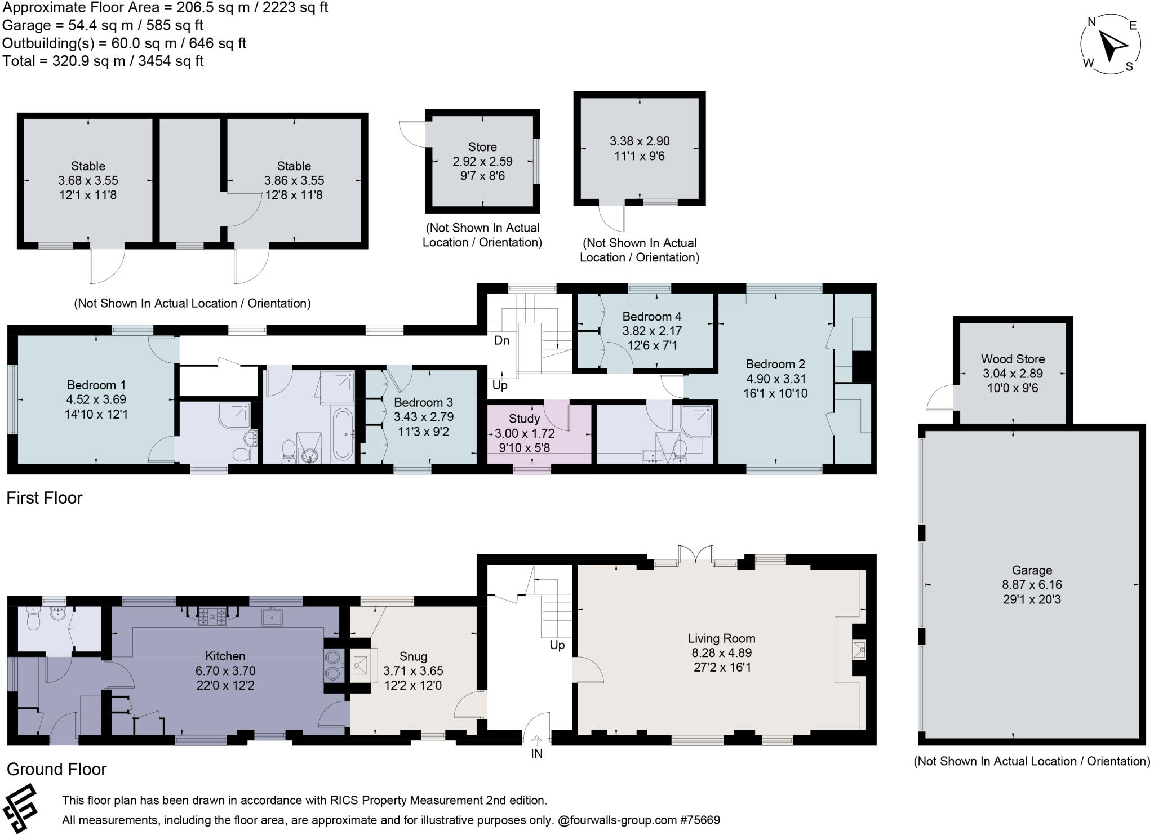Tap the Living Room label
tap(721, 638)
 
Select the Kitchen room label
tap(225, 656)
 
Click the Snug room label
tap(413, 656)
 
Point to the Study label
tap(524, 419)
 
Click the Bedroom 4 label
tap(652, 316)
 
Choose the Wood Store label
tap(1013, 359)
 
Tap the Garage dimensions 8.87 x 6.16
tap(1031, 585)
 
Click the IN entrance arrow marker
tap(536, 741)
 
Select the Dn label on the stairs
tap(501, 340)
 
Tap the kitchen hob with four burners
tap(213, 616)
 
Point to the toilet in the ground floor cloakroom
tap(33, 620)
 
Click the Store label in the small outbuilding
tap(482, 147)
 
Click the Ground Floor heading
tap(56, 769)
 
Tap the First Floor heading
tap(45, 498)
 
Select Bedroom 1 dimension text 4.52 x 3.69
tap(96, 399)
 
